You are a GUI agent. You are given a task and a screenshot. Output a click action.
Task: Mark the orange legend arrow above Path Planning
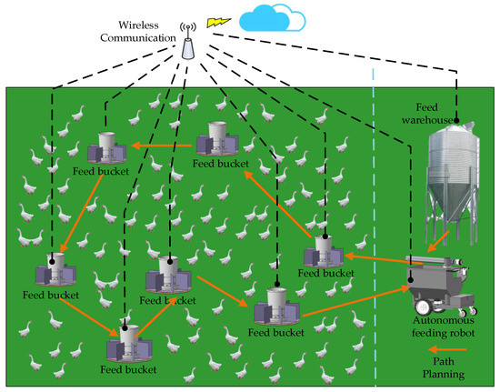pos(446,348)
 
